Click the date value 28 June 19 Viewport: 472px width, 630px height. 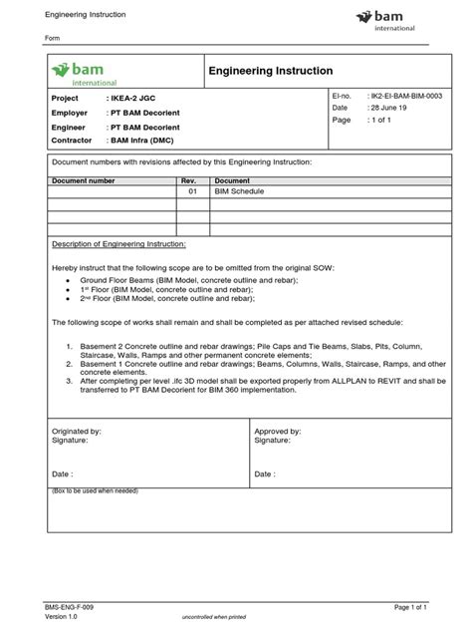point(377,107)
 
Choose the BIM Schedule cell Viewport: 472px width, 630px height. point(239,191)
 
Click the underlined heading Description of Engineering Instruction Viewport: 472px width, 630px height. point(118,243)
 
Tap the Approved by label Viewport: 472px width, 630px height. point(279,431)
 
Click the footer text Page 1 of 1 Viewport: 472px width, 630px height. point(411,607)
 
